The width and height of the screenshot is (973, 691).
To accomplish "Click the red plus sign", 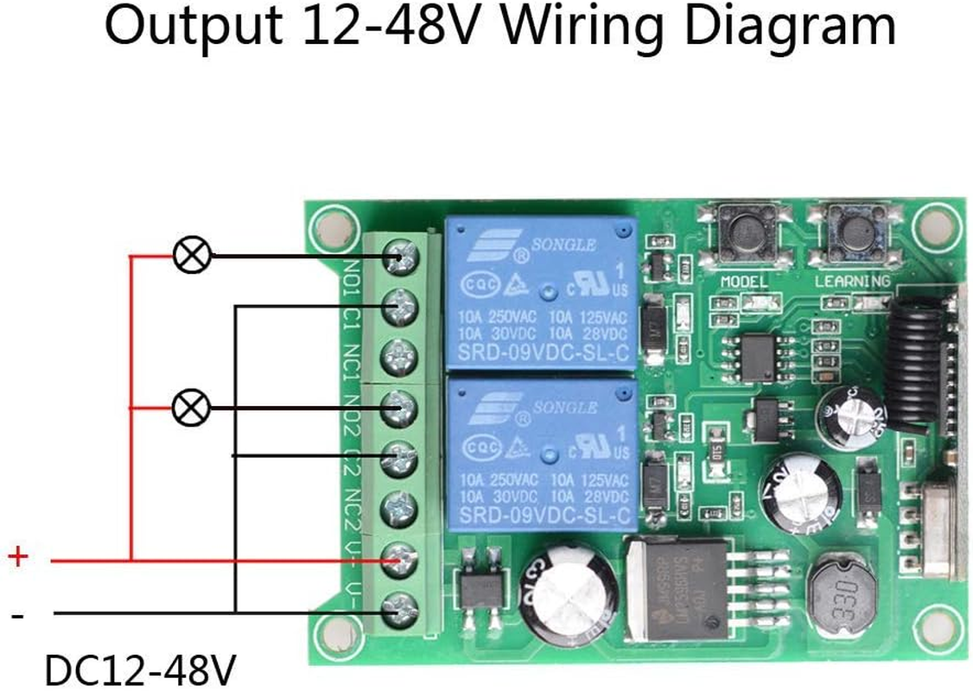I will point(17,557).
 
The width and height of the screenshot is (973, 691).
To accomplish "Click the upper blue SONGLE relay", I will point(541,292).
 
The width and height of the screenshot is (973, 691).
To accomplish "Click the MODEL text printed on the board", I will point(744,282).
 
